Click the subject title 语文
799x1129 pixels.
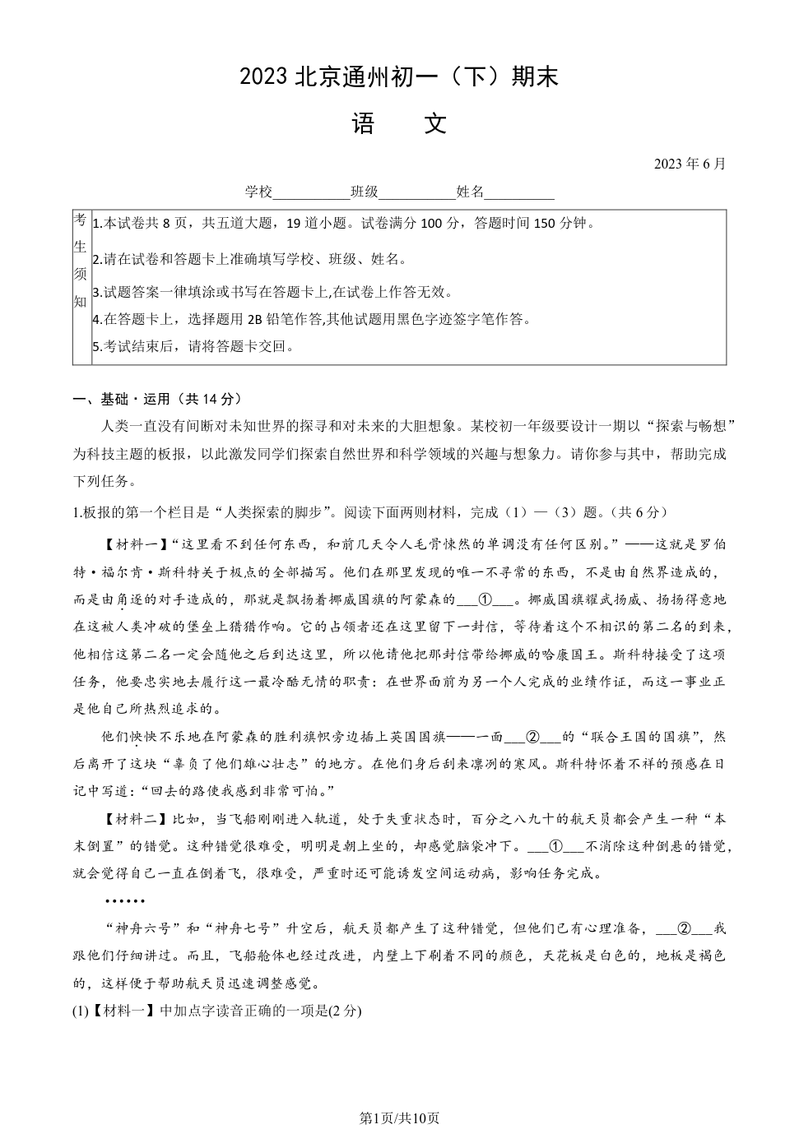(399, 124)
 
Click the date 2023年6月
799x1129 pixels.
(690, 164)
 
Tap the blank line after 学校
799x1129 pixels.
(311, 193)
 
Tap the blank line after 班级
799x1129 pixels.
(416, 193)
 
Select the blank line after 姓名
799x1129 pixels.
(519, 193)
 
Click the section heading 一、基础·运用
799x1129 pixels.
(157, 399)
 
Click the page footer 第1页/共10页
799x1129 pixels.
(399, 1117)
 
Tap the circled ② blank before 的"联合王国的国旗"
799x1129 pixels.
(532, 737)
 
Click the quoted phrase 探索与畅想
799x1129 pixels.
(689, 427)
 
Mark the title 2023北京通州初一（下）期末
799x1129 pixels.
(399, 77)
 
